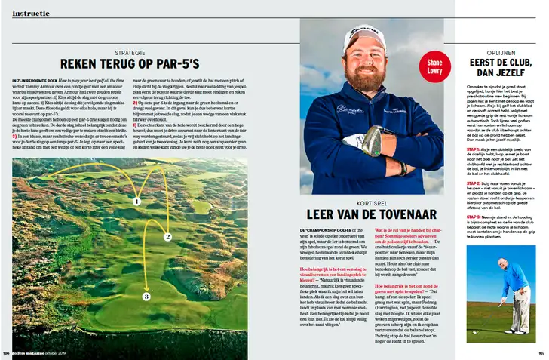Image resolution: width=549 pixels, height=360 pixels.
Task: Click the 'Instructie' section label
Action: point(32,13)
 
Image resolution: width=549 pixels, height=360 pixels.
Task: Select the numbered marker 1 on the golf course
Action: point(137,201)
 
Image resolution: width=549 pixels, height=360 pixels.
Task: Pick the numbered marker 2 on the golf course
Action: point(167,237)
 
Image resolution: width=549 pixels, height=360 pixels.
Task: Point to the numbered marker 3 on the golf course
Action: point(146,297)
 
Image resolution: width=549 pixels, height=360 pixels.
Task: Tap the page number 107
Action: point(541,353)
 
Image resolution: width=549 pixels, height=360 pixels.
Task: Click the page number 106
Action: point(7,353)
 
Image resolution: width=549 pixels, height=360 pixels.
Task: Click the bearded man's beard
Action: point(367,79)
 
